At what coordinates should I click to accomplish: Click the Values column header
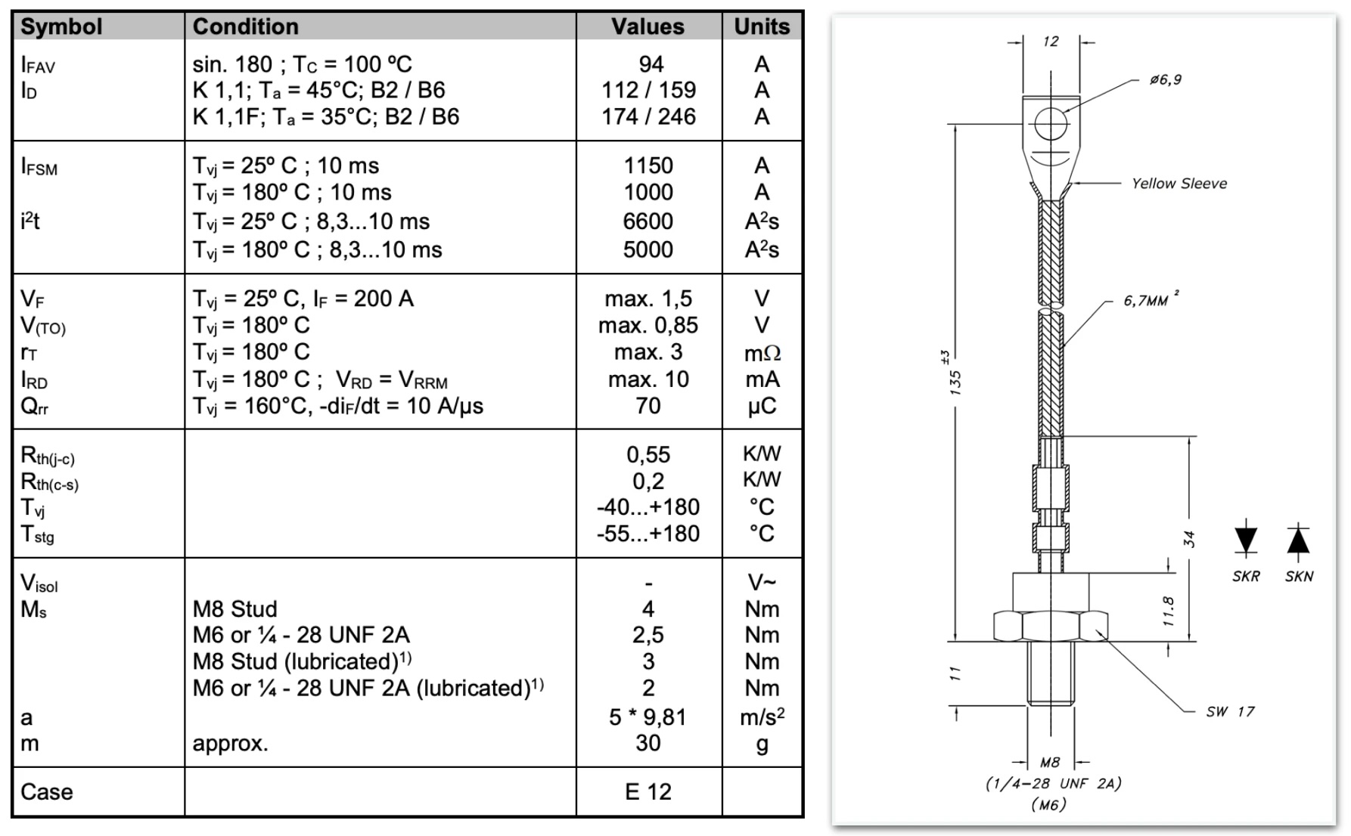coord(648,26)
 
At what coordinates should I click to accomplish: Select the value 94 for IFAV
coord(651,64)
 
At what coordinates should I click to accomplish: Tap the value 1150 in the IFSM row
coord(648,166)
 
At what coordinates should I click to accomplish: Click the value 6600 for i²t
coord(648,221)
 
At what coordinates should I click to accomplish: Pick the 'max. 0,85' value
coord(648,326)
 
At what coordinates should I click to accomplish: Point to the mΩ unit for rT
coord(762,353)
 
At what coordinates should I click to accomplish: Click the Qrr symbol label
coord(35,407)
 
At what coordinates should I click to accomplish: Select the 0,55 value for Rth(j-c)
coord(648,455)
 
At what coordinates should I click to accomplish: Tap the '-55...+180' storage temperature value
coord(648,534)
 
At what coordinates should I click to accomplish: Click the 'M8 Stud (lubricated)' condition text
coord(302,661)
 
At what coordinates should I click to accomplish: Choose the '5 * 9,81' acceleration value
coord(648,717)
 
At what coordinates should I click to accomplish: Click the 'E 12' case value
coord(648,791)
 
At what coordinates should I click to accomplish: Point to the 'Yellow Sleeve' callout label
coord(1179,184)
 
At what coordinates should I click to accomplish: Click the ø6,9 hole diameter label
coord(1165,80)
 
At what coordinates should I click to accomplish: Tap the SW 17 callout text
coord(1230,711)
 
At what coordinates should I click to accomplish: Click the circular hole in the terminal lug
coord(1051,123)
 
